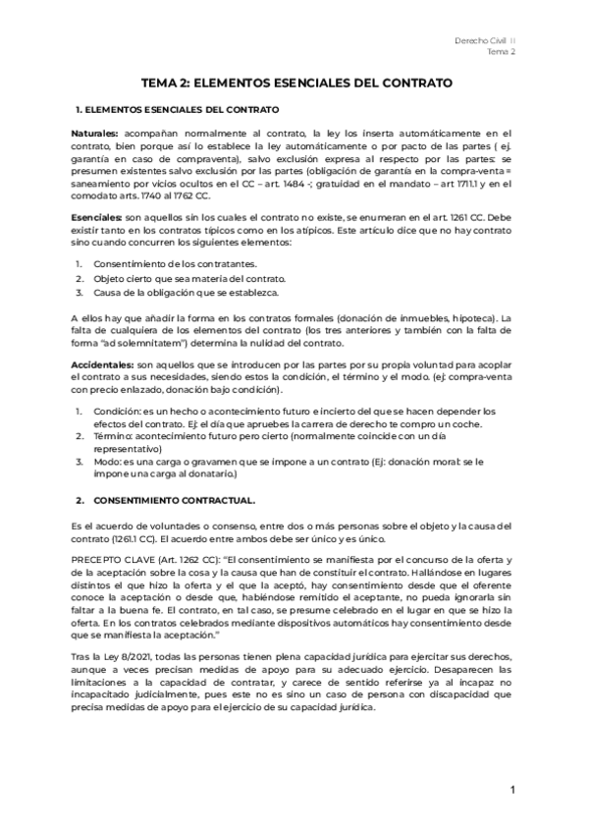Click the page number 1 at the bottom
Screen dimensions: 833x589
coord(512,792)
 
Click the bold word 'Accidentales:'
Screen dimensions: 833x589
coord(103,363)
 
